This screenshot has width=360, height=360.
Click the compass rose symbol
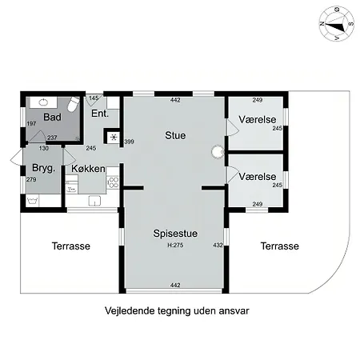[x=337, y=24]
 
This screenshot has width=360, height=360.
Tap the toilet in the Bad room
[x=74, y=104]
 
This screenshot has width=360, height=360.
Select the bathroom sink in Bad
[x=43, y=102]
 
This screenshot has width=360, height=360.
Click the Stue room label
[x=175, y=135]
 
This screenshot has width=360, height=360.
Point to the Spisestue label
[x=175, y=234]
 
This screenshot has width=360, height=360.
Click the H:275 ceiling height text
[x=175, y=245]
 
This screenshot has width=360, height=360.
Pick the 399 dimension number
[x=129, y=142]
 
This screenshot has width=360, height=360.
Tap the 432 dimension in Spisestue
[x=218, y=245]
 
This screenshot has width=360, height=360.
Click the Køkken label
[x=88, y=169]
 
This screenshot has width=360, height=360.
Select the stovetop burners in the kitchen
[x=113, y=182]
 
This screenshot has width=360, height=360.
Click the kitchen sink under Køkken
[x=94, y=201]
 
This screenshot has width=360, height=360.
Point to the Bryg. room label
[x=43, y=168]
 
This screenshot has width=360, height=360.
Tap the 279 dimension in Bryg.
[x=31, y=179]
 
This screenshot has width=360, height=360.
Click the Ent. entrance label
[x=100, y=114]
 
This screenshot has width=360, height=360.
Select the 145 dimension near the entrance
[x=94, y=98]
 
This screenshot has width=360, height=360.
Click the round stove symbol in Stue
[x=218, y=152]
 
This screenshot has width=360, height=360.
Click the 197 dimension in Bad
[x=31, y=123]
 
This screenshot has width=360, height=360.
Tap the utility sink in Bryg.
[x=32, y=201]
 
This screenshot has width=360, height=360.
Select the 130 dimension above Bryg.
[x=44, y=148]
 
